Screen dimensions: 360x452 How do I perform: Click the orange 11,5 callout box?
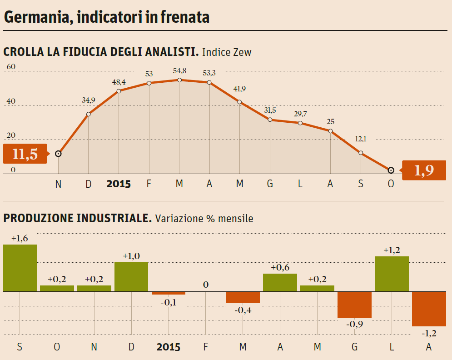click(x=25, y=154)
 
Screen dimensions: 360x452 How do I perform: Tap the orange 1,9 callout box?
click(x=424, y=170)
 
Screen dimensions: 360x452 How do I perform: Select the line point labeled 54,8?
click(x=179, y=80)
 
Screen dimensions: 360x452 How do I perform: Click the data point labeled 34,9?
click(x=89, y=114)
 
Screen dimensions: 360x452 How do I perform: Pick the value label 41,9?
click(x=240, y=89)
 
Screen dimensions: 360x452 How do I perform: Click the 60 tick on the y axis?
click(x=11, y=67)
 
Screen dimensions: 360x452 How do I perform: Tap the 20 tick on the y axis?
click(x=11, y=135)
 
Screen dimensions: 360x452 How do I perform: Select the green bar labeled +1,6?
click(x=20, y=268)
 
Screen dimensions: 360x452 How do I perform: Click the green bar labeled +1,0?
click(x=131, y=276)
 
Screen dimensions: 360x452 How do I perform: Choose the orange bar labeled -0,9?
click(x=355, y=305)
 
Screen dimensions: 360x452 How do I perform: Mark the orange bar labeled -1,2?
click(x=429, y=309)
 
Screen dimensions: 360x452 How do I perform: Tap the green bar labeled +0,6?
click(x=280, y=282)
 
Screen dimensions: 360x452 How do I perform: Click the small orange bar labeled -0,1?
click(x=169, y=293)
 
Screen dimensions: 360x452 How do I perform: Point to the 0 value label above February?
click(x=206, y=285)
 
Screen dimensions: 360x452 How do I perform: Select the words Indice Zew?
click(x=227, y=52)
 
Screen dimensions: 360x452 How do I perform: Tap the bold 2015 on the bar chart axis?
click(x=169, y=347)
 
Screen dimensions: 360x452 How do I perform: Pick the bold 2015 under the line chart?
click(x=119, y=184)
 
